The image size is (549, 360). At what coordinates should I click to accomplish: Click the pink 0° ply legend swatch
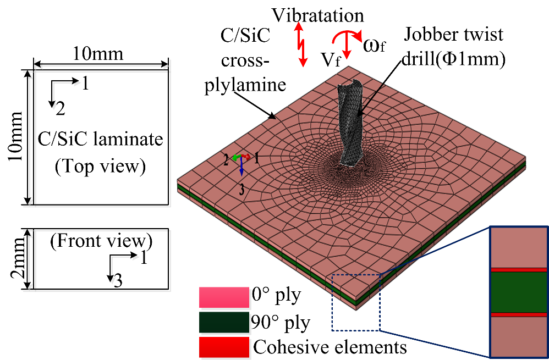(x=223, y=297)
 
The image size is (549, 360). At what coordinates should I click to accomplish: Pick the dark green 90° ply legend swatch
(x=223, y=323)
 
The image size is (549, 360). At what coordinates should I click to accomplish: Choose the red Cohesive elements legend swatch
(x=223, y=347)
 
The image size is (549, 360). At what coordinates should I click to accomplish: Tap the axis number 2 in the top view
(x=60, y=109)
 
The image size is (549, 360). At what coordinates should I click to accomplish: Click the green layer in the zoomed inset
(x=518, y=292)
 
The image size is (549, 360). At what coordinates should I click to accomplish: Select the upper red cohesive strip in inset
(x=518, y=270)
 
